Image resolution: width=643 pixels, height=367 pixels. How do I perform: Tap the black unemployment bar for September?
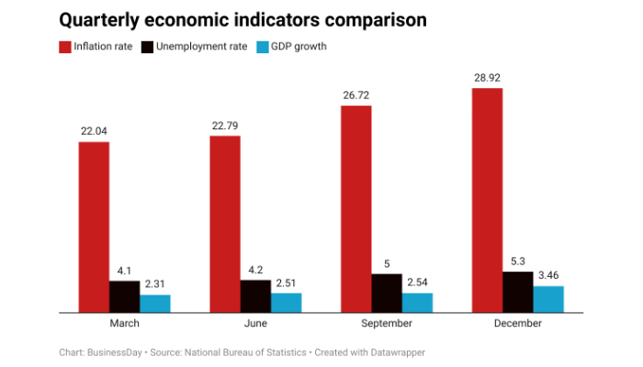[x=387, y=293]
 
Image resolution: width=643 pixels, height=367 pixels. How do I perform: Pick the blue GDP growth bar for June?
[x=287, y=302]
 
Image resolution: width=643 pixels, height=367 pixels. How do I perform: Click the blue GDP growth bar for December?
[x=548, y=298]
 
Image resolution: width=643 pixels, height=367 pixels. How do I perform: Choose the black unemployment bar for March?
[x=125, y=296]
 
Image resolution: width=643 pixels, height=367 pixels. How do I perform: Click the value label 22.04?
[x=94, y=131]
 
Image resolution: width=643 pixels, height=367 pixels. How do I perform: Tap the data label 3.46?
[x=548, y=274]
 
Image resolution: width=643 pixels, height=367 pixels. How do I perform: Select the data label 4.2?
[x=255, y=270]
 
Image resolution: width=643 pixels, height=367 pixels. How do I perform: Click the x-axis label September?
[x=386, y=324]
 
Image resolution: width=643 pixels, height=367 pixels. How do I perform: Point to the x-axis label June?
[x=255, y=324]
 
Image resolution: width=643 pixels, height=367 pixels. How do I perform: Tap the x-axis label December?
[x=517, y=324]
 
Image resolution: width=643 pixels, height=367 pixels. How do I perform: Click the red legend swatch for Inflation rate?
[x=65, y=47]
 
